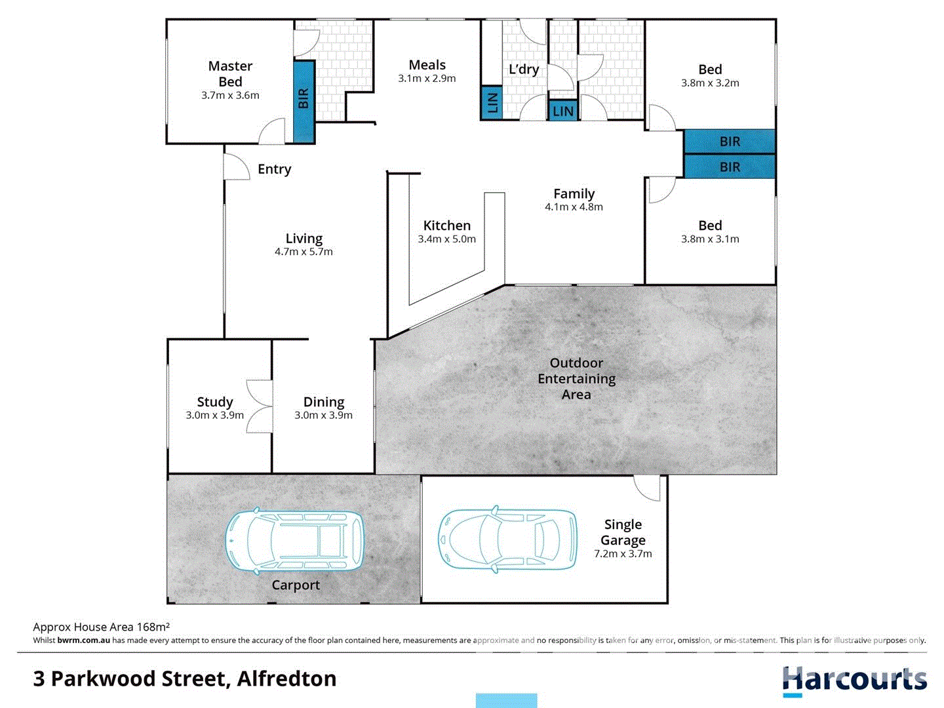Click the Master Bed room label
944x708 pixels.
coord(230,73)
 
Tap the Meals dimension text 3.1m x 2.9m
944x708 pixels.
coord(427,79)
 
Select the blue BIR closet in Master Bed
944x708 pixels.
coord(304,101)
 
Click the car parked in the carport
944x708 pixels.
coord(294,541)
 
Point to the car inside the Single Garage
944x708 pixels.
coord(507,538)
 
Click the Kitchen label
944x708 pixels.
coord(446,226)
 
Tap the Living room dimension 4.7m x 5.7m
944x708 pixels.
coord(304,252)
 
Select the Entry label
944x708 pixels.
coord(274,169)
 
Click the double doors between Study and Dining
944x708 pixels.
coord(260,406)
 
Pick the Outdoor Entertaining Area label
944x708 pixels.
coord(576,379)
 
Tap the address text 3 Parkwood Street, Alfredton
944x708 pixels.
coord(185,678)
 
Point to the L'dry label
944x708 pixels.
coord(524,69)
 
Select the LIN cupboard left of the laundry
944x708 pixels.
coord(492,103)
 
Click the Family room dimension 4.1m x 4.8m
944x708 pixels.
coord(574,207)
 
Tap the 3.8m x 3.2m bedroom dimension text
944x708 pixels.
coord(710,83)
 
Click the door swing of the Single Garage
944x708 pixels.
coord(648,488)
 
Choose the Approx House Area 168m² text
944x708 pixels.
coord(102,627)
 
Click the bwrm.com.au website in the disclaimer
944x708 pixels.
coord(83,640)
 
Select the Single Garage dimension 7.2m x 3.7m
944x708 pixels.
coord(623,554)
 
